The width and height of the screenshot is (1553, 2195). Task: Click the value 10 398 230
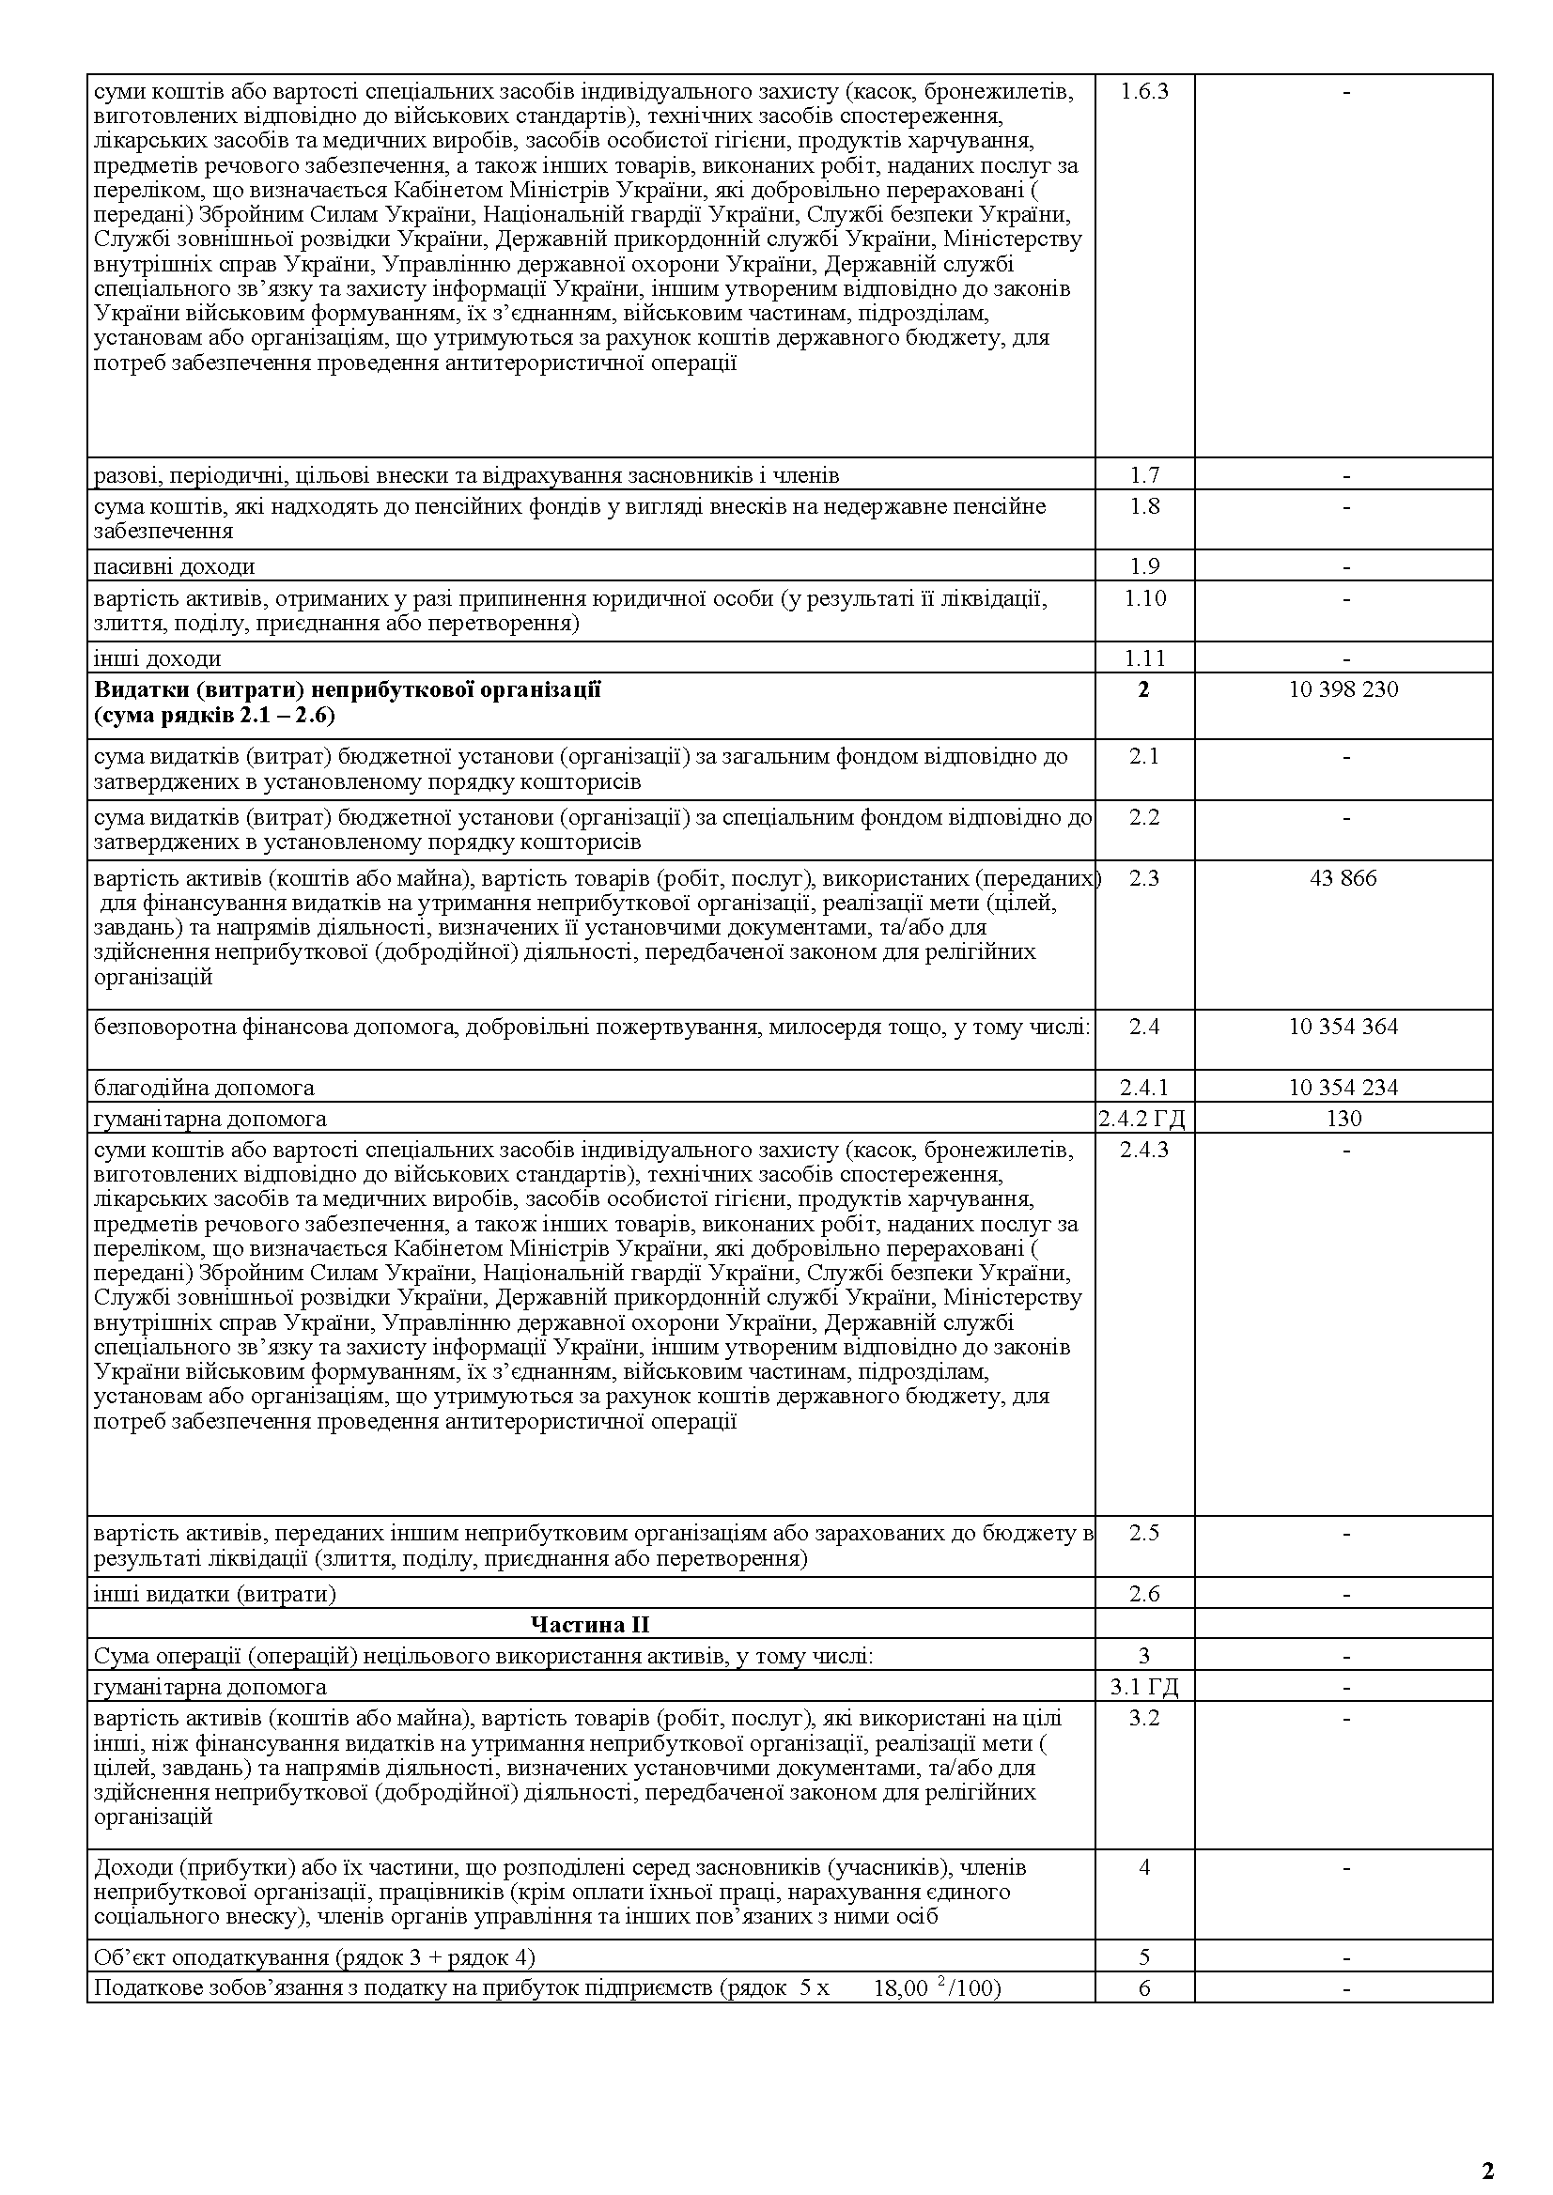click(x=1343, y=689)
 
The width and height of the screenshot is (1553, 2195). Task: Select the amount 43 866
click(x=1343, y=877)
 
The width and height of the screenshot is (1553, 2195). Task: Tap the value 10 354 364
click(x=1343, y=1027)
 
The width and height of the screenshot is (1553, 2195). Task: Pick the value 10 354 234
click(x=1343, y=1087)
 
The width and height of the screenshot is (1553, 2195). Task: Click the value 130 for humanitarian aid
click(x=1343, y=1118)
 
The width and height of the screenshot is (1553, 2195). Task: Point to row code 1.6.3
click(x=1143, y=92)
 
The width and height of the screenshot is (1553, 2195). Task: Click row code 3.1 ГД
click(x=1143, y=1688)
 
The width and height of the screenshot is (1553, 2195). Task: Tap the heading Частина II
click(x=590, y=1624)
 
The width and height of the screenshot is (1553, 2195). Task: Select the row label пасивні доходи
click(x=174, y=567)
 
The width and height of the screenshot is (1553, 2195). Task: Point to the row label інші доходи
click(x=157, y=657)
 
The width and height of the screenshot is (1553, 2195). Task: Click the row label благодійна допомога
click(x=204, y=1087)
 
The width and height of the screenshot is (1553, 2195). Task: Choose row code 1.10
click(x=1143, y=598)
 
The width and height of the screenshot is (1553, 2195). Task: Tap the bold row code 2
click(x=1143, y=689)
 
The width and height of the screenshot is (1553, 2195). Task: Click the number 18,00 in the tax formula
click(x=900, y=1988)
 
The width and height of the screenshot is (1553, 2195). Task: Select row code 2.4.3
click(x=1143, y=1149)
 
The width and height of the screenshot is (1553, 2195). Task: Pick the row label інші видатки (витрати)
click(x=215, y=1594)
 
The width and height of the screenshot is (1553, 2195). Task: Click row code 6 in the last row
click(x=1143, y=1988)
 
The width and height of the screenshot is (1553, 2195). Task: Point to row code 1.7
click(x=1143, y=475)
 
